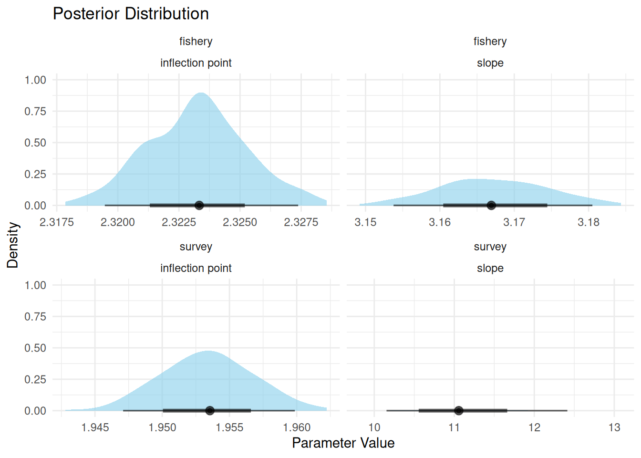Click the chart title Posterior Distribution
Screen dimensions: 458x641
tap(131, 14)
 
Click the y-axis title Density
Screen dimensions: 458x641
tap(13, 245)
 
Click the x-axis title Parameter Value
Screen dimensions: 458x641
tap(343, 443)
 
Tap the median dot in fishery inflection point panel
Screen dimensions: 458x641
tap(199, 205)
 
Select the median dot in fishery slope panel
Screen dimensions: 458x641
tap(491, 205)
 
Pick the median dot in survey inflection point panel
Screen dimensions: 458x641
tap(210, 410)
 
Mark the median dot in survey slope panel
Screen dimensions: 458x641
tap(458, 410)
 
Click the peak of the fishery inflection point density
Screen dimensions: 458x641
tap(201, 93)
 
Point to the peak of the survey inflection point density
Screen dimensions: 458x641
tap(208, 351)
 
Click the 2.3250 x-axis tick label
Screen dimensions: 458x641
tap(240, 222)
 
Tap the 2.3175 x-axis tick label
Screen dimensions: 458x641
tap(57, 222)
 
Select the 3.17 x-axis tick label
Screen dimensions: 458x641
tap(514, 222)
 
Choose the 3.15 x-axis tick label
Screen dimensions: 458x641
tap(365, 222)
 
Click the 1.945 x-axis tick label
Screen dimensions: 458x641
tap(95, 427)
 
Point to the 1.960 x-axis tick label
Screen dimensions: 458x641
tap(297, 427)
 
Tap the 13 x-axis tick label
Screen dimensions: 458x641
tap(614, 427)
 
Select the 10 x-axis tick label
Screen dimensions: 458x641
tap(374, 427)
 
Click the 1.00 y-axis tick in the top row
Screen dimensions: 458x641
tap(35, 80)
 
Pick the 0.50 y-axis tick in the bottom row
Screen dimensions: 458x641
tap(35, 348)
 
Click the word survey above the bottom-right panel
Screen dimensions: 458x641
tap(490, 247)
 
